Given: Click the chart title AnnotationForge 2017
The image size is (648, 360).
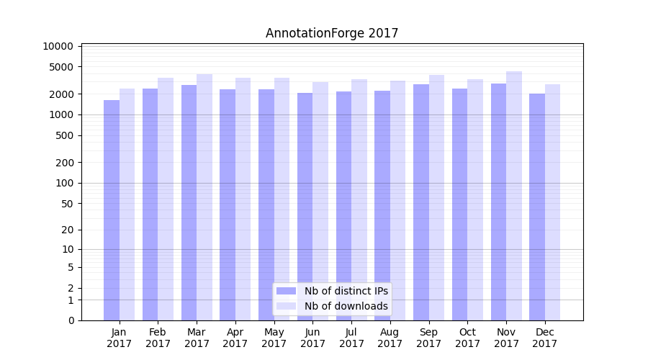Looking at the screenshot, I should pos(332,33).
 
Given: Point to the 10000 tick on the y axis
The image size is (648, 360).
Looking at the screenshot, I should pos(58,46).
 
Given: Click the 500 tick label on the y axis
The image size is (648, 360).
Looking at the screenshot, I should pos(63,135).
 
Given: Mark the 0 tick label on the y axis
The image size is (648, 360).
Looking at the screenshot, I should pos(70,320).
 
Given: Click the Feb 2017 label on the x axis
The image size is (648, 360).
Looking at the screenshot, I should pos(158,338).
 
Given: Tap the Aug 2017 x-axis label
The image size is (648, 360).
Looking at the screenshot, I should pos(390,338).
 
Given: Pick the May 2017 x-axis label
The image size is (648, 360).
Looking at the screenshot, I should pos(274,338).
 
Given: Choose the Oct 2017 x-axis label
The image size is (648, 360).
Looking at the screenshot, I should pos(468,338).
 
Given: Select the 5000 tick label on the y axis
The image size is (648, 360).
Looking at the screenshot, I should pos(61,67).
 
